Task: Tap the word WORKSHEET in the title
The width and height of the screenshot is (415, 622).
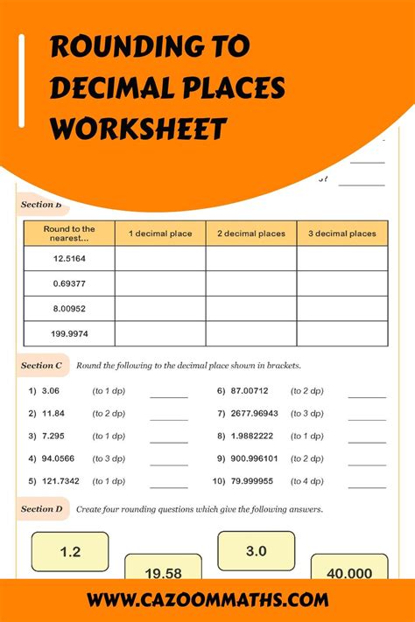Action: (138, 129)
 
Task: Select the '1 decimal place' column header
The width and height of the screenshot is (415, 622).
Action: (159, 234)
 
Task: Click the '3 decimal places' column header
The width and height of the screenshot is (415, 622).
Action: (341, 234)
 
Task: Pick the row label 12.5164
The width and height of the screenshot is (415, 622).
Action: (69, 258)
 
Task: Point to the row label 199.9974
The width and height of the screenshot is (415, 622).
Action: (69, 333)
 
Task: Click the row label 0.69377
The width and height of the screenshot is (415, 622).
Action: (69, 283)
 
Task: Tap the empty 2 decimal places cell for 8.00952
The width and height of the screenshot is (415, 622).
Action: (250, 309)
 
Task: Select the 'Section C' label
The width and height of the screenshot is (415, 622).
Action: (41, 365)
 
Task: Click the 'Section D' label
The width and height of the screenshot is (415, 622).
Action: (41, 508)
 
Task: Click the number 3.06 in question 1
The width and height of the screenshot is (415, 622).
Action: (49, 391)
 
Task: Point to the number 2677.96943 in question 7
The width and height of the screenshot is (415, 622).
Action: (255, 414)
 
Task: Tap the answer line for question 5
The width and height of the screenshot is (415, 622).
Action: (168, 486)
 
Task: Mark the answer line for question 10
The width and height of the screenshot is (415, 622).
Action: (367, 486)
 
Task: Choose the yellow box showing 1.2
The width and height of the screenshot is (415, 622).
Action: (70, 552)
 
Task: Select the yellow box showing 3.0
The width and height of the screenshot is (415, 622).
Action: (255, 551)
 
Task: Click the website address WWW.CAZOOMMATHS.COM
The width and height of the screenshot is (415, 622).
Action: (207, 600)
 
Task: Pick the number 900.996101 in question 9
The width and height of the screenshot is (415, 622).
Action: (255, 458)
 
